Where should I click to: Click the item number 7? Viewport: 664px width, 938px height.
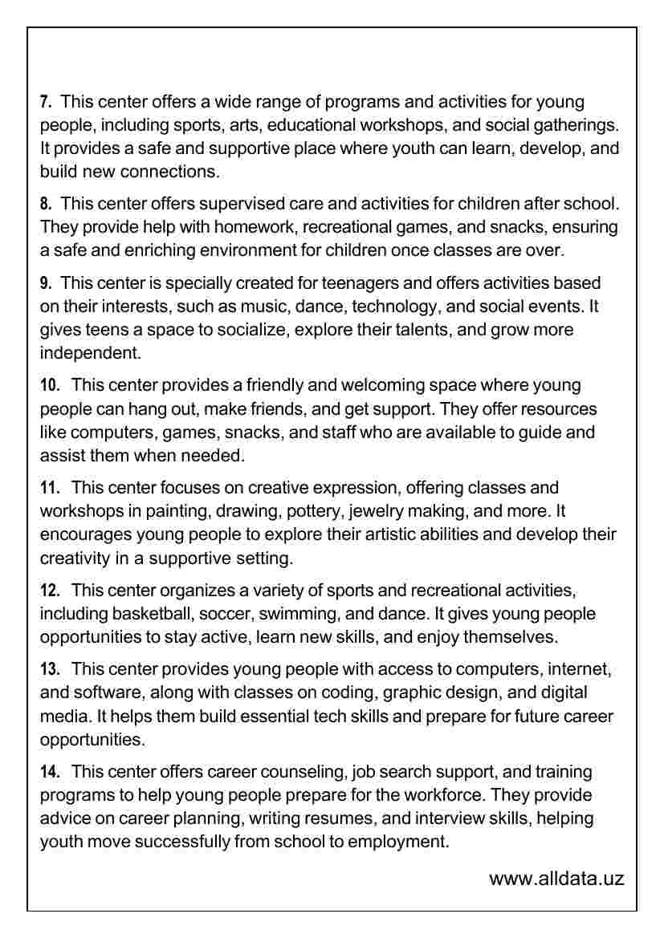(46, 103)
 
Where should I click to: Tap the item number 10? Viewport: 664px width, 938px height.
(50, 386)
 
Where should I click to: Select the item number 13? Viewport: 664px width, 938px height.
(50, 669)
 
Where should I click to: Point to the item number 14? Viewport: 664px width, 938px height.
(50, 773)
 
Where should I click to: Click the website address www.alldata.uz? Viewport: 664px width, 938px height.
(556, 879)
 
